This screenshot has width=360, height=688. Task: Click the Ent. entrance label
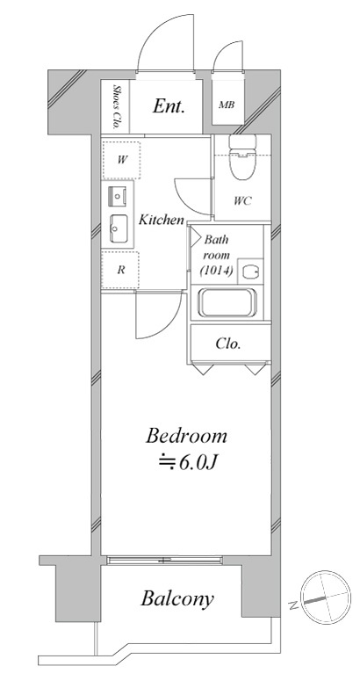(x=169, y=105)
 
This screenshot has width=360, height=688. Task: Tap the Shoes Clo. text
(x=116, y=106)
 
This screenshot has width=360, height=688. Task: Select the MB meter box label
(x=227, y=105)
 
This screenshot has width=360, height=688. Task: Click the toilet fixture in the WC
(x=242, y=157)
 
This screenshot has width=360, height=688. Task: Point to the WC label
(x=242, y=201)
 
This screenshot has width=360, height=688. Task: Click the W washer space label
(x=121, y=160)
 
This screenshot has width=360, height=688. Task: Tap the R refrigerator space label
(x=120, y=270)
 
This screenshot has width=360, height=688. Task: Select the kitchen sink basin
(x=118, y=228)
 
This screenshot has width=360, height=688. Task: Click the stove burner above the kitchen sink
(x=118, y=196)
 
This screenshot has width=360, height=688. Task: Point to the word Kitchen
(x=162, y=220)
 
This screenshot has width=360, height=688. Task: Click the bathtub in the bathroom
(x=227, y=302)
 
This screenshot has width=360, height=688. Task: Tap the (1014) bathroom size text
(x=216, y=271)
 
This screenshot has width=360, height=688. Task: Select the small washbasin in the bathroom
(x=250, y=272)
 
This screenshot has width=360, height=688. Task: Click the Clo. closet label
(x=228, y=344)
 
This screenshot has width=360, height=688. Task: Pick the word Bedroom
(x=187, y=437)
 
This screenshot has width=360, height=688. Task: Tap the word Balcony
(x=177, y=598)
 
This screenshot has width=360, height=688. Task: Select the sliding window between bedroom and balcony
(x=164, y=560)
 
